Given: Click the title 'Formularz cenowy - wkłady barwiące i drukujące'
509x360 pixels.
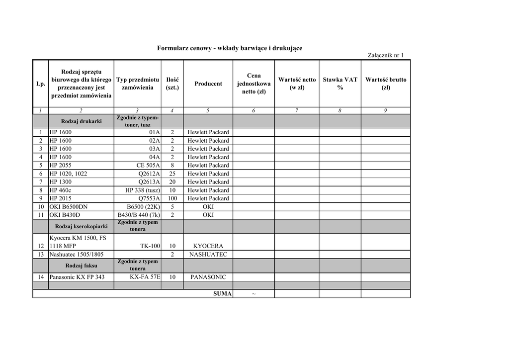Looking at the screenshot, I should (229, 48).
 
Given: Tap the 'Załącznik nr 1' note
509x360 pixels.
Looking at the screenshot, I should (386, 55).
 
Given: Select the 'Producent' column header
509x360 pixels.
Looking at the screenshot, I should (208, 84).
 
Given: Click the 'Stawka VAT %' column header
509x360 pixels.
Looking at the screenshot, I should (340, 84).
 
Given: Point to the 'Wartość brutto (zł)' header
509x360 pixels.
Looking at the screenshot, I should (386, 84).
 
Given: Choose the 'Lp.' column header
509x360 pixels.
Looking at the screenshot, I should (41, 84).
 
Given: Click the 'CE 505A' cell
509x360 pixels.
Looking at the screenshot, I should (148, 166).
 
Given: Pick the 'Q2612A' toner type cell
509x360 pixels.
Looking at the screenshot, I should (149, 174).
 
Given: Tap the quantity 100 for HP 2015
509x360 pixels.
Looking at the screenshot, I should (172, 198).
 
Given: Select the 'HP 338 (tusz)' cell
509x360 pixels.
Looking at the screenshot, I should (143, 190).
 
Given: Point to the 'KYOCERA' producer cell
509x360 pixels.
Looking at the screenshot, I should (208, 246).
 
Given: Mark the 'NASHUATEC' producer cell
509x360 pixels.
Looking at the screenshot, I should (208, 255).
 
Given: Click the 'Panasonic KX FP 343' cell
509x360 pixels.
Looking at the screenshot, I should (77, 277).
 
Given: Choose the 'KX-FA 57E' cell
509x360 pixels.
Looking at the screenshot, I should (145, 277).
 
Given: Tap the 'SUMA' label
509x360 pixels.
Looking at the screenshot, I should (223, 294).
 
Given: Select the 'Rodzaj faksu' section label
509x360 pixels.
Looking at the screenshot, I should (81, 265).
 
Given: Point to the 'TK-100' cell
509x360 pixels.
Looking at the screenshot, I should (150, 246).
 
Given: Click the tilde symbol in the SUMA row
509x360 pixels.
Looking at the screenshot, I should (254, 294).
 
